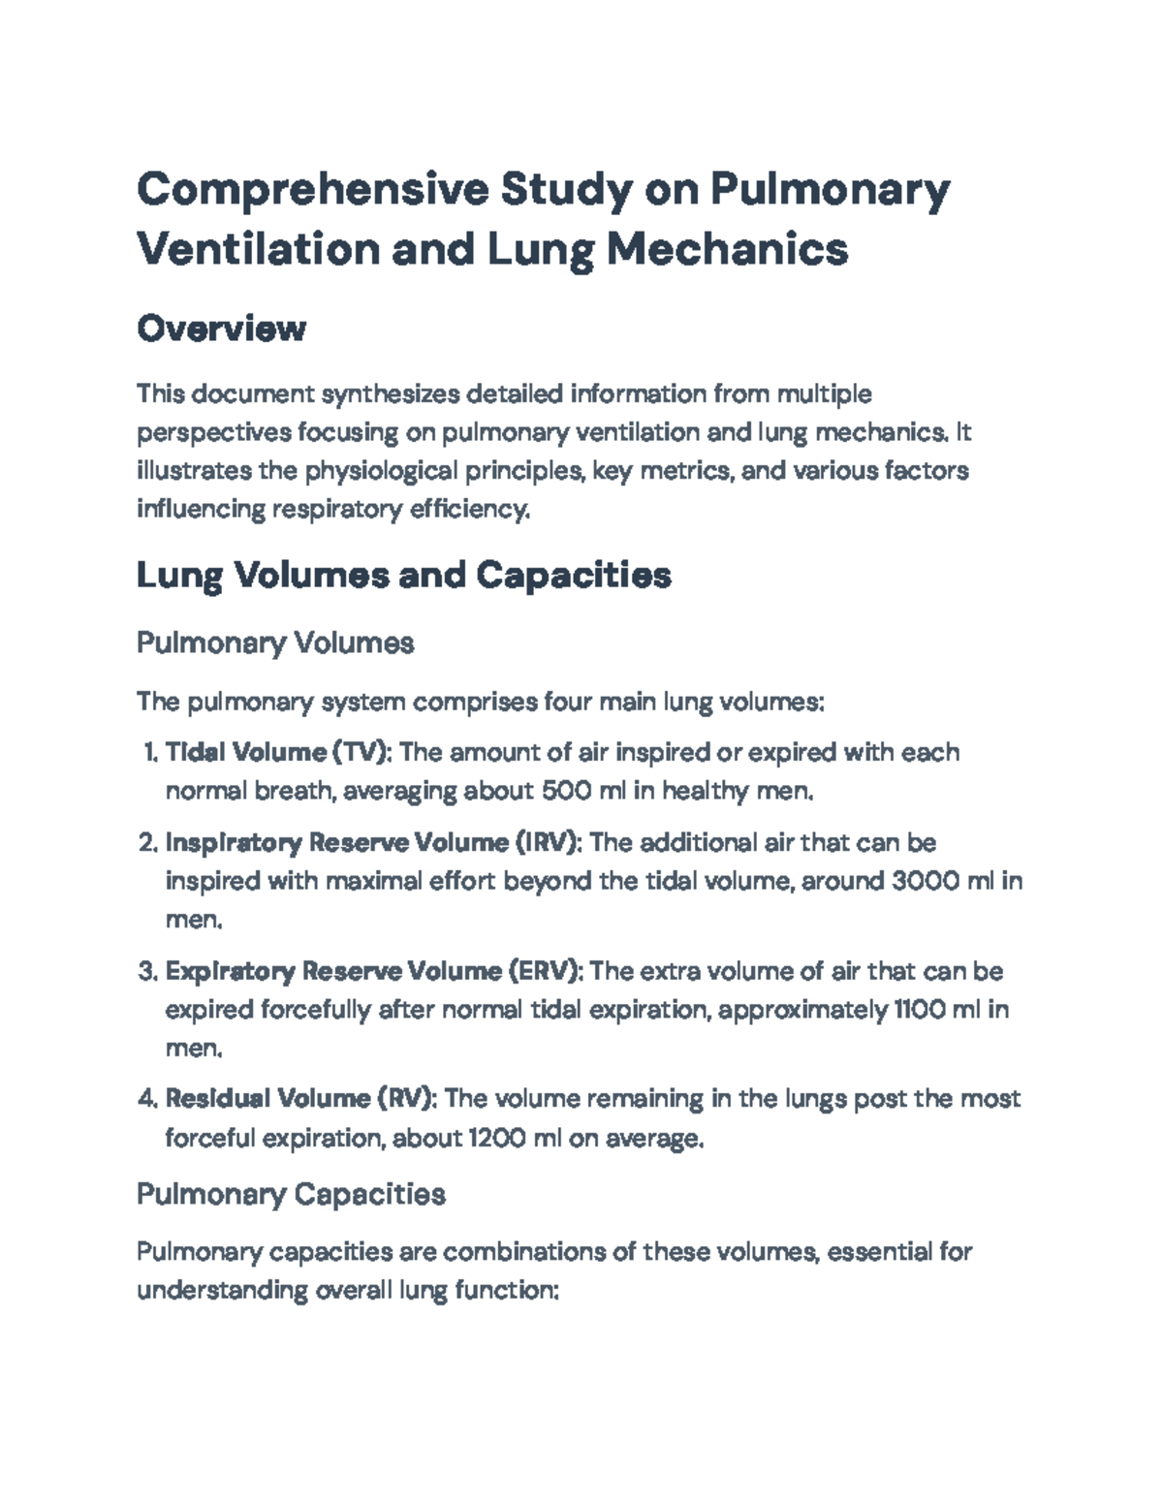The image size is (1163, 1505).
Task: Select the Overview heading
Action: pyautogui.click(x=221, y=329)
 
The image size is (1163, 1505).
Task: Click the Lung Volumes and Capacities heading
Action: pyautogui.click(x=403, y=576)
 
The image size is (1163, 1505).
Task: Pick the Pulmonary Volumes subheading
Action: pyautogui.click(x=275, y=643)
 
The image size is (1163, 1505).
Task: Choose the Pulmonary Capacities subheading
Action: pyautogui.click(x=291, y=1194)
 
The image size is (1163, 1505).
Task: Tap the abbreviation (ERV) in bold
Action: pyautogui.click(x=547, y=971)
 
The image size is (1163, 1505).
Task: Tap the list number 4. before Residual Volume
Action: pyautogui.click(x=147, y=1099)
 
